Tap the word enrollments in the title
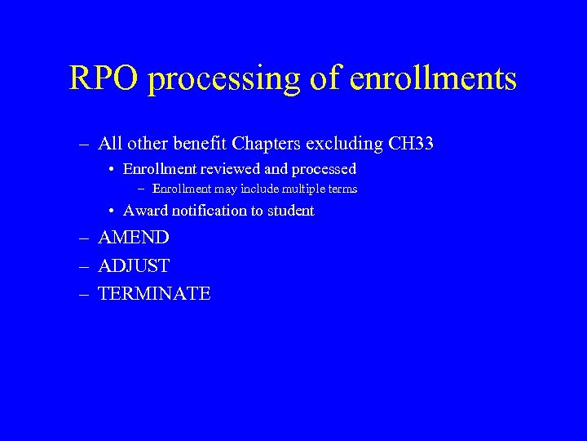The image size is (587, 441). (x=433, y=78)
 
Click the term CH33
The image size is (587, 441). (x=411, y=145)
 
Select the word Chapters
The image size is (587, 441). (x=265, y=145)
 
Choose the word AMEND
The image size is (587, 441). (x=134, y=238)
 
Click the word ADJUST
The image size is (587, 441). (x=134, y=266)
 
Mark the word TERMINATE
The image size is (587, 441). (x=154, y=294)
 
